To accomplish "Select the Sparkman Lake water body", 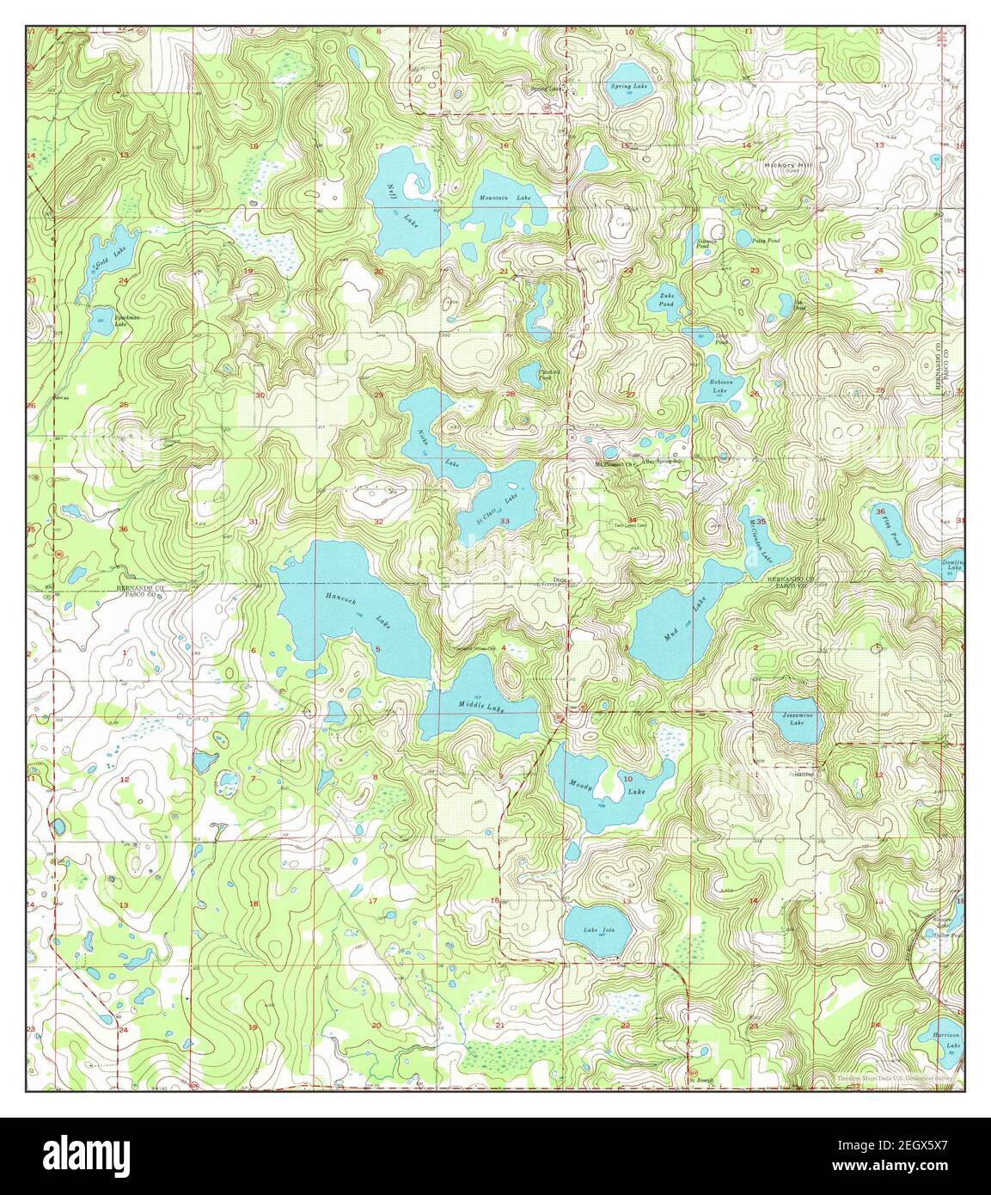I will (103, 319).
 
